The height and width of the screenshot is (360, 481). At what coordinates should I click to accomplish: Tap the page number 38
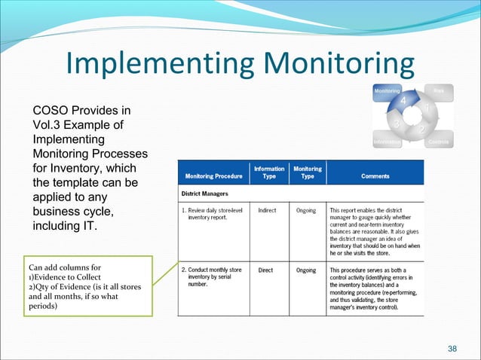pyautogui.click(x=452, y=347)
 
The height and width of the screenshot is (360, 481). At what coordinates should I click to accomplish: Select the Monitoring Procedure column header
pyautogui.click(x=214, y=176)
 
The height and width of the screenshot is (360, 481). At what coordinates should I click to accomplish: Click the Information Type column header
pyautogui.click(x=269, y=172)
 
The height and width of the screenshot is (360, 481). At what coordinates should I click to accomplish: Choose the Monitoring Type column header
pyautogui.click(x=307, y=172)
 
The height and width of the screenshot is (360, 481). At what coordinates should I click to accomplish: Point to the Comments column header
pyautogui.click(x=375, y=176)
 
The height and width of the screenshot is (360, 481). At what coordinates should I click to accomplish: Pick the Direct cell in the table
pyautogui.click(x=266, y=269)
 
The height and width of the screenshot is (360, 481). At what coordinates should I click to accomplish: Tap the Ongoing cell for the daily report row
pyautogui.click(x=306, y=210)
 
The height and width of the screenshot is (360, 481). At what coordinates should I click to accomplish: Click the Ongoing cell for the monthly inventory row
pyautogui.click(x=306, y=269)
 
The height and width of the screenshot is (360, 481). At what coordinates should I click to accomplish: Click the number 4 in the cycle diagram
pyautogui.click(x=404, y=102)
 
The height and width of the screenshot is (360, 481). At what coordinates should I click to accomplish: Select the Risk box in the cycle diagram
pyautogui.click(x=438, y=91)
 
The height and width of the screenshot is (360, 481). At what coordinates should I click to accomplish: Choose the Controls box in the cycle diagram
pyautogui.click(x=438, y=142)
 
